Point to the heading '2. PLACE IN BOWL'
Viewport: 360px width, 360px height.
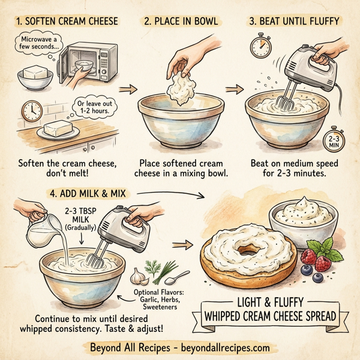180,21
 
